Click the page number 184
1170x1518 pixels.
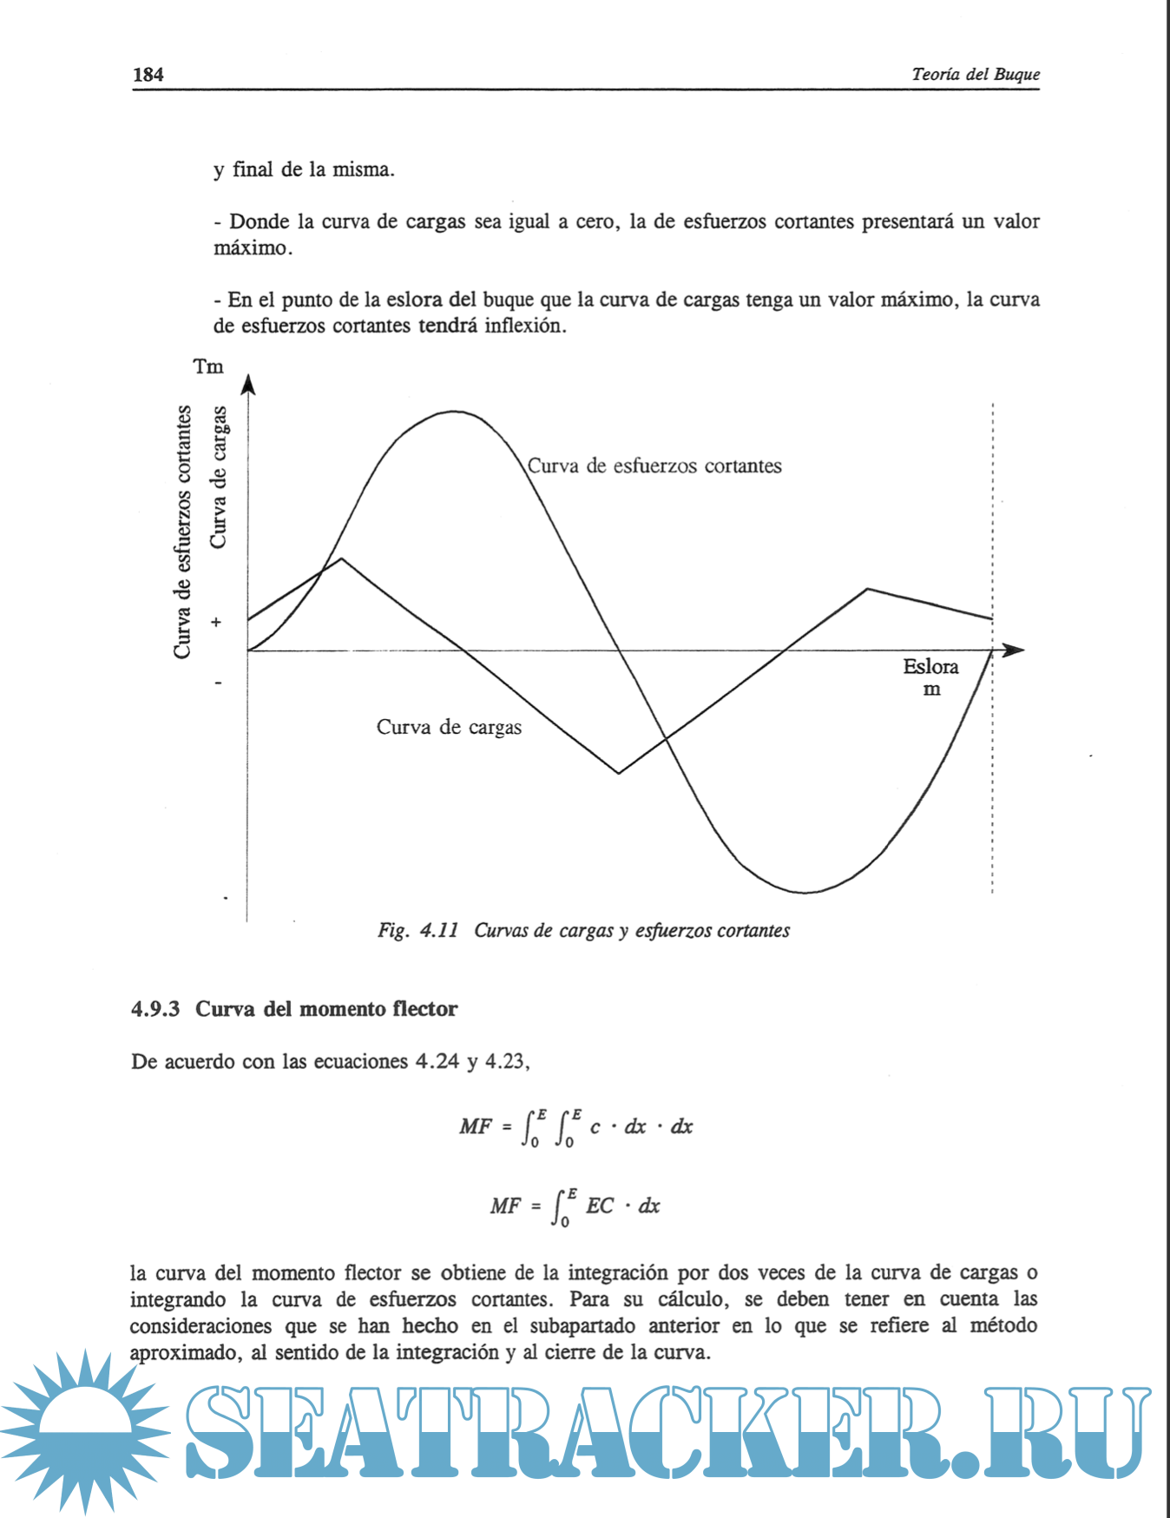point(148,75)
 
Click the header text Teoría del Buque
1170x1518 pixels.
point(975,75)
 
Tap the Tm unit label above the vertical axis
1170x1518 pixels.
point(208,366)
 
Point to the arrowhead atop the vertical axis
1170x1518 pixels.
point(248,384)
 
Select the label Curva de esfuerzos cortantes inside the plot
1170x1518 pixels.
point(654,466)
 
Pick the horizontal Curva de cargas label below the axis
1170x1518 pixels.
point(449,728)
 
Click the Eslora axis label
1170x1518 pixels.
point(930,667)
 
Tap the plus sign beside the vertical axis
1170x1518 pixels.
point(216,623)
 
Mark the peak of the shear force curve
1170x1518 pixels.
point(455,412)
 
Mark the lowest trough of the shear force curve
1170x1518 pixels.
point(805,892)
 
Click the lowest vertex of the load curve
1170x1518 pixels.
point(619,773)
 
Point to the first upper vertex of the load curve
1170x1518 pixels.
point(342,558)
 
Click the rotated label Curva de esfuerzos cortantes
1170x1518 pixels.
point(182,531)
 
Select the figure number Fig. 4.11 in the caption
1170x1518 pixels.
point(417,931)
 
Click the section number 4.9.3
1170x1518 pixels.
point(155,1009)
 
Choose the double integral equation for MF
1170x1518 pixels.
point(576,1127)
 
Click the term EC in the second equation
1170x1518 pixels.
point(600,1206)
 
